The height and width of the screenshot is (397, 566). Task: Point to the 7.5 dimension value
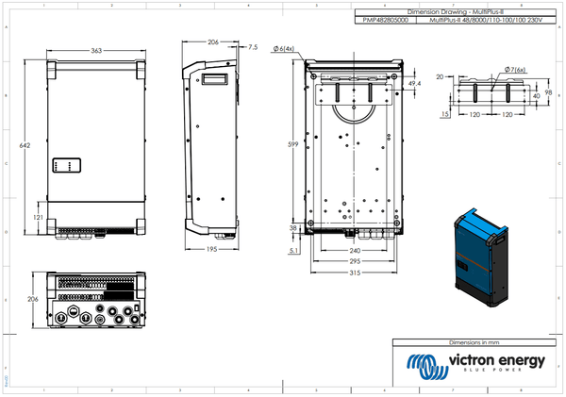[252, 46]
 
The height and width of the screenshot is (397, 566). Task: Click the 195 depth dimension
[212, 248]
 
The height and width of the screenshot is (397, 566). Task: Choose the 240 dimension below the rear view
[355, 251]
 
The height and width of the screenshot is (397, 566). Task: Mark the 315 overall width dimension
[355, 273]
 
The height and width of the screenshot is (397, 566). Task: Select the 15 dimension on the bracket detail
[444, 115]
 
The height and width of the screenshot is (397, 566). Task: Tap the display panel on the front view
[68, 166]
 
